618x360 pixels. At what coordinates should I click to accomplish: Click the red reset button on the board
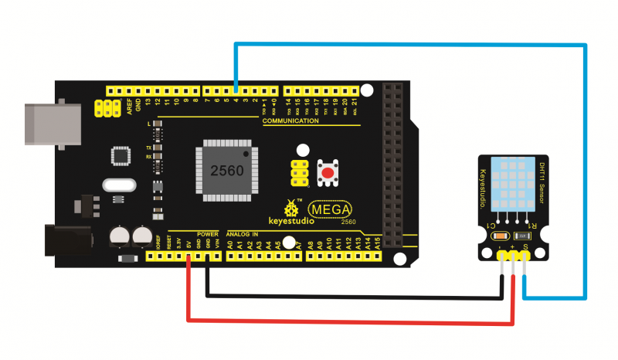328,173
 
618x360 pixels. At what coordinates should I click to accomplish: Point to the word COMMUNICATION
290,121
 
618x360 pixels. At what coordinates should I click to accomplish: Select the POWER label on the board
207,233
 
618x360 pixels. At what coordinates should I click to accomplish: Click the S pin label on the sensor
525,247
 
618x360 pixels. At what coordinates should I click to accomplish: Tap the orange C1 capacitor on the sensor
500,236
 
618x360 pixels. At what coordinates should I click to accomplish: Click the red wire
348,319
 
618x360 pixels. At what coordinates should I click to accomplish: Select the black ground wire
348,294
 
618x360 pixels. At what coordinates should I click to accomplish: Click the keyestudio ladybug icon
291,208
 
